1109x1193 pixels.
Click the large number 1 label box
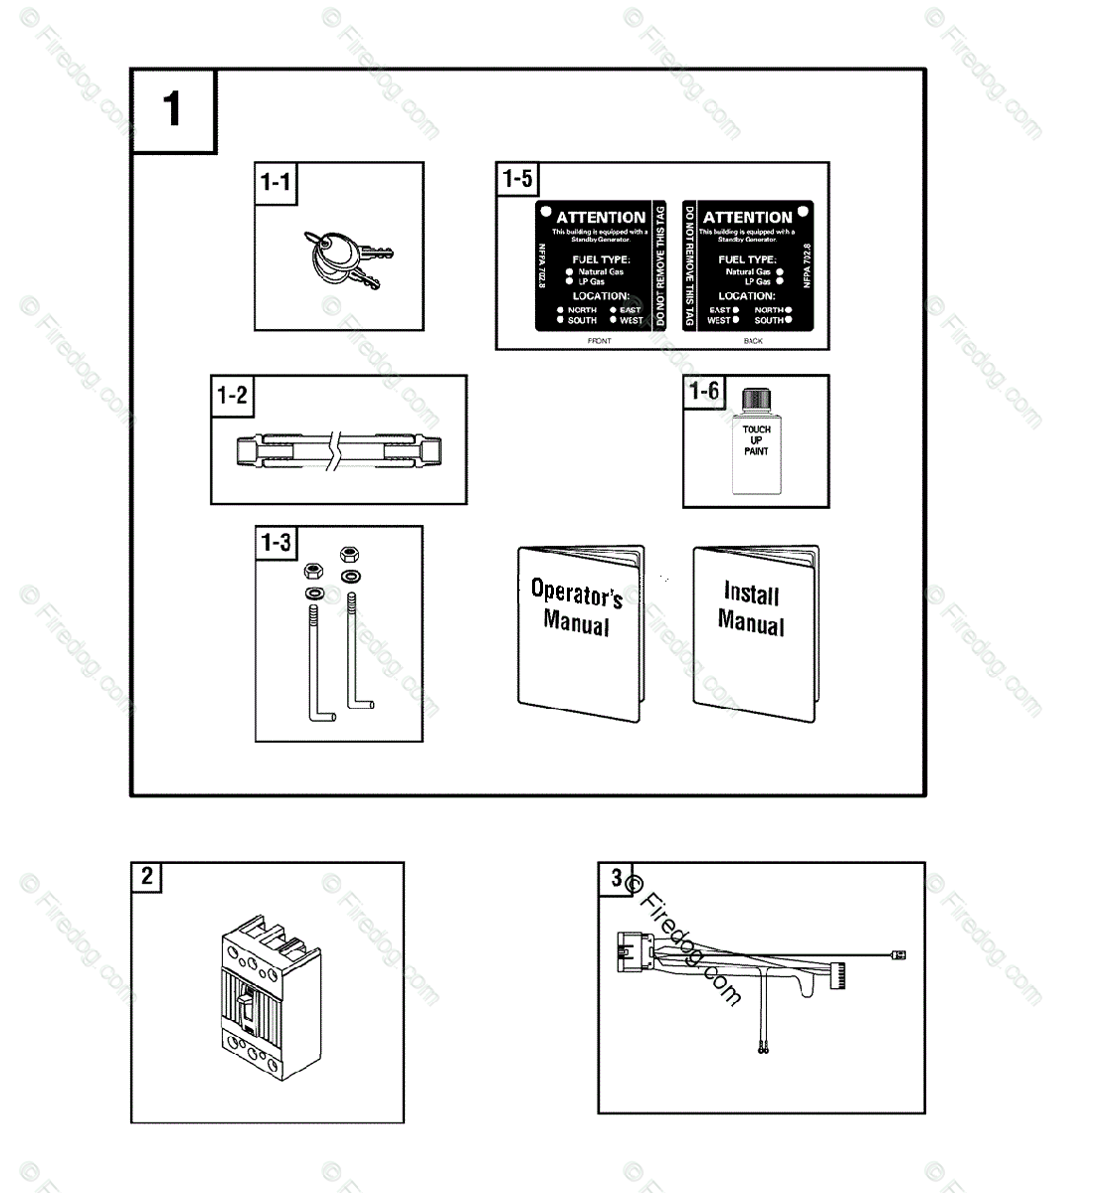tap(173, 110)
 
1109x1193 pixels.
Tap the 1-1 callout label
tap(276, 182)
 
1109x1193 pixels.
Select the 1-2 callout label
tap(232, 395)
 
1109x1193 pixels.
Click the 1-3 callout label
tap(276, 543)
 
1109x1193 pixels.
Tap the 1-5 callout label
tap(517, 180)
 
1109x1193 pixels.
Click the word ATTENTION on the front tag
tap(601, 217)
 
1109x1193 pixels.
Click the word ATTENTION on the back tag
tap(747, 217)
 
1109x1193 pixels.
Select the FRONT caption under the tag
tap(600, 341)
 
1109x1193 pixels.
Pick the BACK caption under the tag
tap(753, 341)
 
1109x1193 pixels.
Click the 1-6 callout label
tap(704, 391)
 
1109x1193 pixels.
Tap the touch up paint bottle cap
tap(756, 400)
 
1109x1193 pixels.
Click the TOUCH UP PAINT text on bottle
tap(756, 440)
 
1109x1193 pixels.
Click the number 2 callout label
tap(147, 876)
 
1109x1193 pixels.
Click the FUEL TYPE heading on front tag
tap(601, 258)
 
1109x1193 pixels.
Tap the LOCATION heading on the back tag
tap(747, 295)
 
